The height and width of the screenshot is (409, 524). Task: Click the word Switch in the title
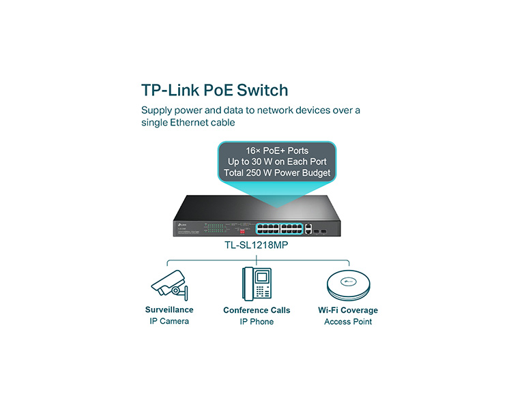tap(262, 90)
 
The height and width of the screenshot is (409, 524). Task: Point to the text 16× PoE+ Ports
tap(277, 151)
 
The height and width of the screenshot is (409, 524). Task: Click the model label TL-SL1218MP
tap(256, 245)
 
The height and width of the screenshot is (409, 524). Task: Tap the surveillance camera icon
tap(169, 285)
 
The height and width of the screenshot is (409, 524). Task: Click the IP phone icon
tap(257, 284)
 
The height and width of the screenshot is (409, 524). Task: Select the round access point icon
tap(348, 285)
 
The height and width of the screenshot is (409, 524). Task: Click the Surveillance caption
tap(169, 310)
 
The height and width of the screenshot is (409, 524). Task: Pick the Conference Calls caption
tap(257, 310)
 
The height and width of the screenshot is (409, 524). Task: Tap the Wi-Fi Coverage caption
tap(348, 310)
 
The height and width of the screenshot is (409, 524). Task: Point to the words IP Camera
tap(169, 321)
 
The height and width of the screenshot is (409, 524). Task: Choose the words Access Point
tap(348, 322)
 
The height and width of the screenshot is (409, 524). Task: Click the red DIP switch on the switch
tap(243, 230)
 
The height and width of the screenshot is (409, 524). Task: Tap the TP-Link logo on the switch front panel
tap(181, 224)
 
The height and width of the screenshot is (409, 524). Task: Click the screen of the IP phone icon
tap(262, 277)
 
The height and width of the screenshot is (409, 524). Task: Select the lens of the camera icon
tap(175, 291)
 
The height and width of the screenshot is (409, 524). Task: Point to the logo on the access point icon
tap(348, 282)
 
